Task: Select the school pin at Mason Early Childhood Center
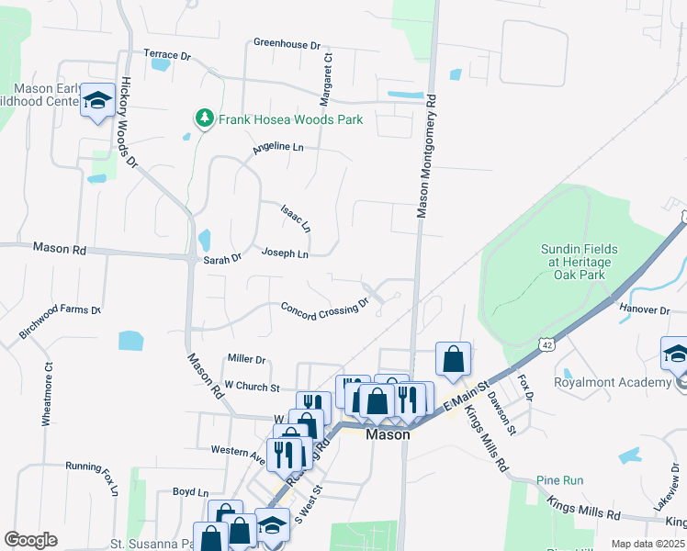96,102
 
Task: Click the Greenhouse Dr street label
287,43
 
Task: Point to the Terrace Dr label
166,56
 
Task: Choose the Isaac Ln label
296,218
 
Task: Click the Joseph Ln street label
285,253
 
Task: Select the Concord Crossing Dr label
325,310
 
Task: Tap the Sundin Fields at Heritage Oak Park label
578,262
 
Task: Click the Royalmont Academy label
613,382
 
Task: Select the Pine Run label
560,480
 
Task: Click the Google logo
30,540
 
